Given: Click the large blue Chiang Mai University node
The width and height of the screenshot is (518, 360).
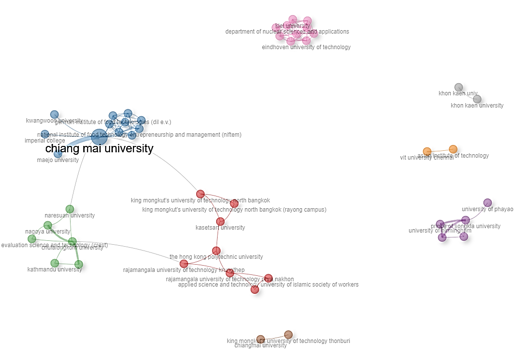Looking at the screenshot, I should pos(99,137).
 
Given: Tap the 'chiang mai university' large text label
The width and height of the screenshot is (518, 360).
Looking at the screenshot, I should pos(99,149).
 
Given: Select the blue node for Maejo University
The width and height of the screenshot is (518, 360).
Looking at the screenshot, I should pos(58,154).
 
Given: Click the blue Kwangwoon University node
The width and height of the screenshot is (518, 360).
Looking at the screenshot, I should pos(55,114).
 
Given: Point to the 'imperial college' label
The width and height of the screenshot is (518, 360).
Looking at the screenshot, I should pos(45,141).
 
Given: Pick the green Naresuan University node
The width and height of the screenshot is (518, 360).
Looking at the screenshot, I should pos(70,209).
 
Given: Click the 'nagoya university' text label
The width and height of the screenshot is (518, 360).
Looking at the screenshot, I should pos(48,232).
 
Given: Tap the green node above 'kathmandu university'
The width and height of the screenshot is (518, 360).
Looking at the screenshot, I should pos(55,263).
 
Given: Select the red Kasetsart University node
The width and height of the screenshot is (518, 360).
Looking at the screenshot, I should pos(220,222).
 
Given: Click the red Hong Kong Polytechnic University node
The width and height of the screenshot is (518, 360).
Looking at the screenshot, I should pos(216,251).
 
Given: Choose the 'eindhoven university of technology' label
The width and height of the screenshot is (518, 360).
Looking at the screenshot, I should pos(306,48).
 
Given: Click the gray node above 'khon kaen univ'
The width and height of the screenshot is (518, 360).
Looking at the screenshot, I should pos(459,87).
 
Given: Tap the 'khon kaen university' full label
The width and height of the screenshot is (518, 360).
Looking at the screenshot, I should pos(477,106).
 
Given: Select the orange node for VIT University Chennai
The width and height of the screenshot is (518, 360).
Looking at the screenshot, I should pos(427,151).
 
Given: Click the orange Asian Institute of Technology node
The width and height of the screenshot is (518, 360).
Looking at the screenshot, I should pos(453,149).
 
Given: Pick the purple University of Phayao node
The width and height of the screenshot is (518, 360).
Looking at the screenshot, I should pos(487,203).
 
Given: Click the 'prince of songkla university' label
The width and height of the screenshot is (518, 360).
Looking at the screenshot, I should pos(465,226).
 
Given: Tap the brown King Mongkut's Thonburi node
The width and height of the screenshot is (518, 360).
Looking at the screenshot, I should pos(288,334).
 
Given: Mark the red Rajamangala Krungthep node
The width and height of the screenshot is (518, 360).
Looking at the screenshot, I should pos(184,264).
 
